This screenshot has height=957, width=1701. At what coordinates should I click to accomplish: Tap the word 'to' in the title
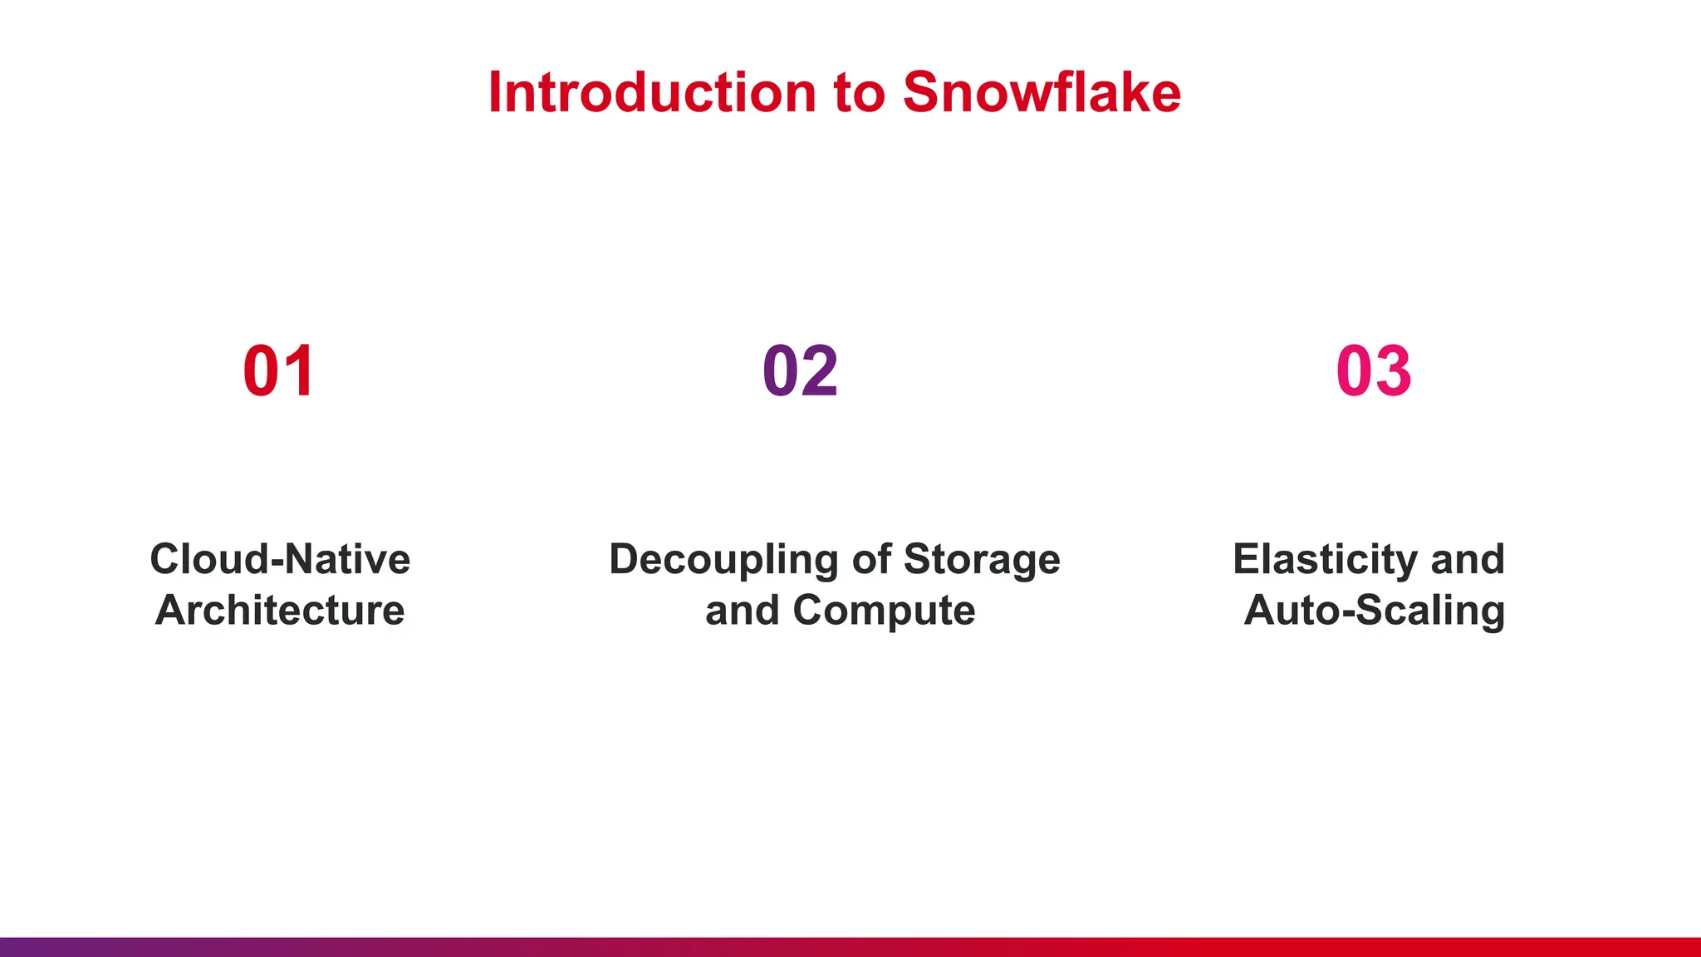coord(859,93)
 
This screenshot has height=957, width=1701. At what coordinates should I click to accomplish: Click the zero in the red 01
coord(262,371)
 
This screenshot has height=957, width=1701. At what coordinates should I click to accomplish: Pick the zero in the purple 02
coord(781,371)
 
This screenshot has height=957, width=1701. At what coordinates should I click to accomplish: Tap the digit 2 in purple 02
coord(821,371)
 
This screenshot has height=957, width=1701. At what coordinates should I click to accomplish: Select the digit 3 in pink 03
coord(1394,371)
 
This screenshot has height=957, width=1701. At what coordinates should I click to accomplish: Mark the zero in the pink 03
coord(1355,371)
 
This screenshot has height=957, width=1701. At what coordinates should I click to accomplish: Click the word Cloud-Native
coord(280,559)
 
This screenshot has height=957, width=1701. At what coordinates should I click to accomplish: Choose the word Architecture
coord(280,611)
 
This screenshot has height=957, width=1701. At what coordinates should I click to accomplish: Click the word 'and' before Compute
coord(742,611)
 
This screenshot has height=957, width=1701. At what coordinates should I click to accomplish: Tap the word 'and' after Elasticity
coord(1468,559)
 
